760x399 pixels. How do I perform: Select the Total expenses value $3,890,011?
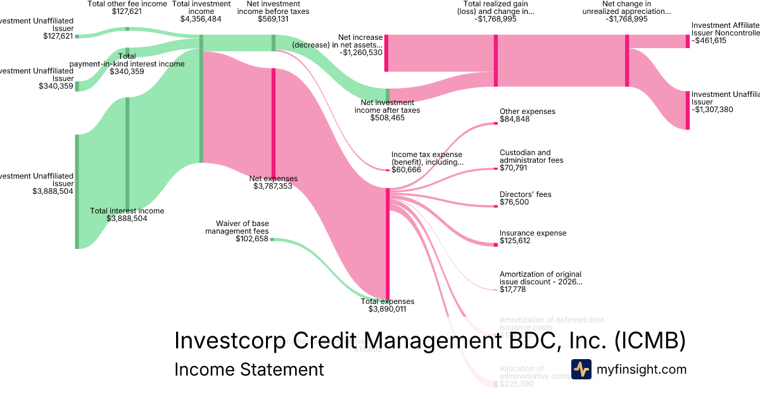[x=387, y=309]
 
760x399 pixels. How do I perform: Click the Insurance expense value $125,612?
[x=515, y=241]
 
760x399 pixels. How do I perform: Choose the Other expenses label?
[x=527, y=111]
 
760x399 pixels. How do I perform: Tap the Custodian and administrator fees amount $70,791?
[x=514, y=168]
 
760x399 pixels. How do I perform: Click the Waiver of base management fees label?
[x=242, y=227]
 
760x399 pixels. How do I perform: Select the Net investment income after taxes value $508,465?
[x=387, y=118]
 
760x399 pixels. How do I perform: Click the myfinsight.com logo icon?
[x=581, y=369]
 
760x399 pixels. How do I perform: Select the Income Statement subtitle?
[x=248, y=370]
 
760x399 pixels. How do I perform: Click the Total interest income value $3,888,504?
[x=127, y=218]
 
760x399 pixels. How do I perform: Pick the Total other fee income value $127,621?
[x=127, y=11]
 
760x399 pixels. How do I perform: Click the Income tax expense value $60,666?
[x=407, y=170]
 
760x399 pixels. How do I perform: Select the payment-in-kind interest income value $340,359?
[x=127, y=72]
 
